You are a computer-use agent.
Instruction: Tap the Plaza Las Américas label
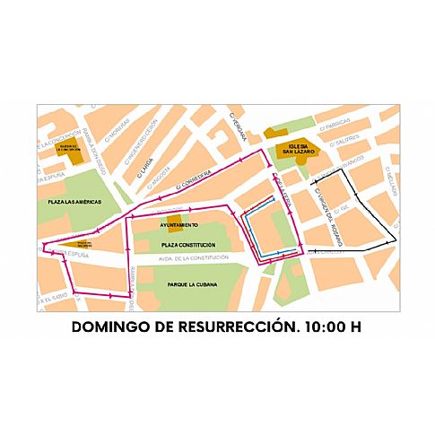79,204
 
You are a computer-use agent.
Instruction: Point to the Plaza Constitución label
188,244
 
